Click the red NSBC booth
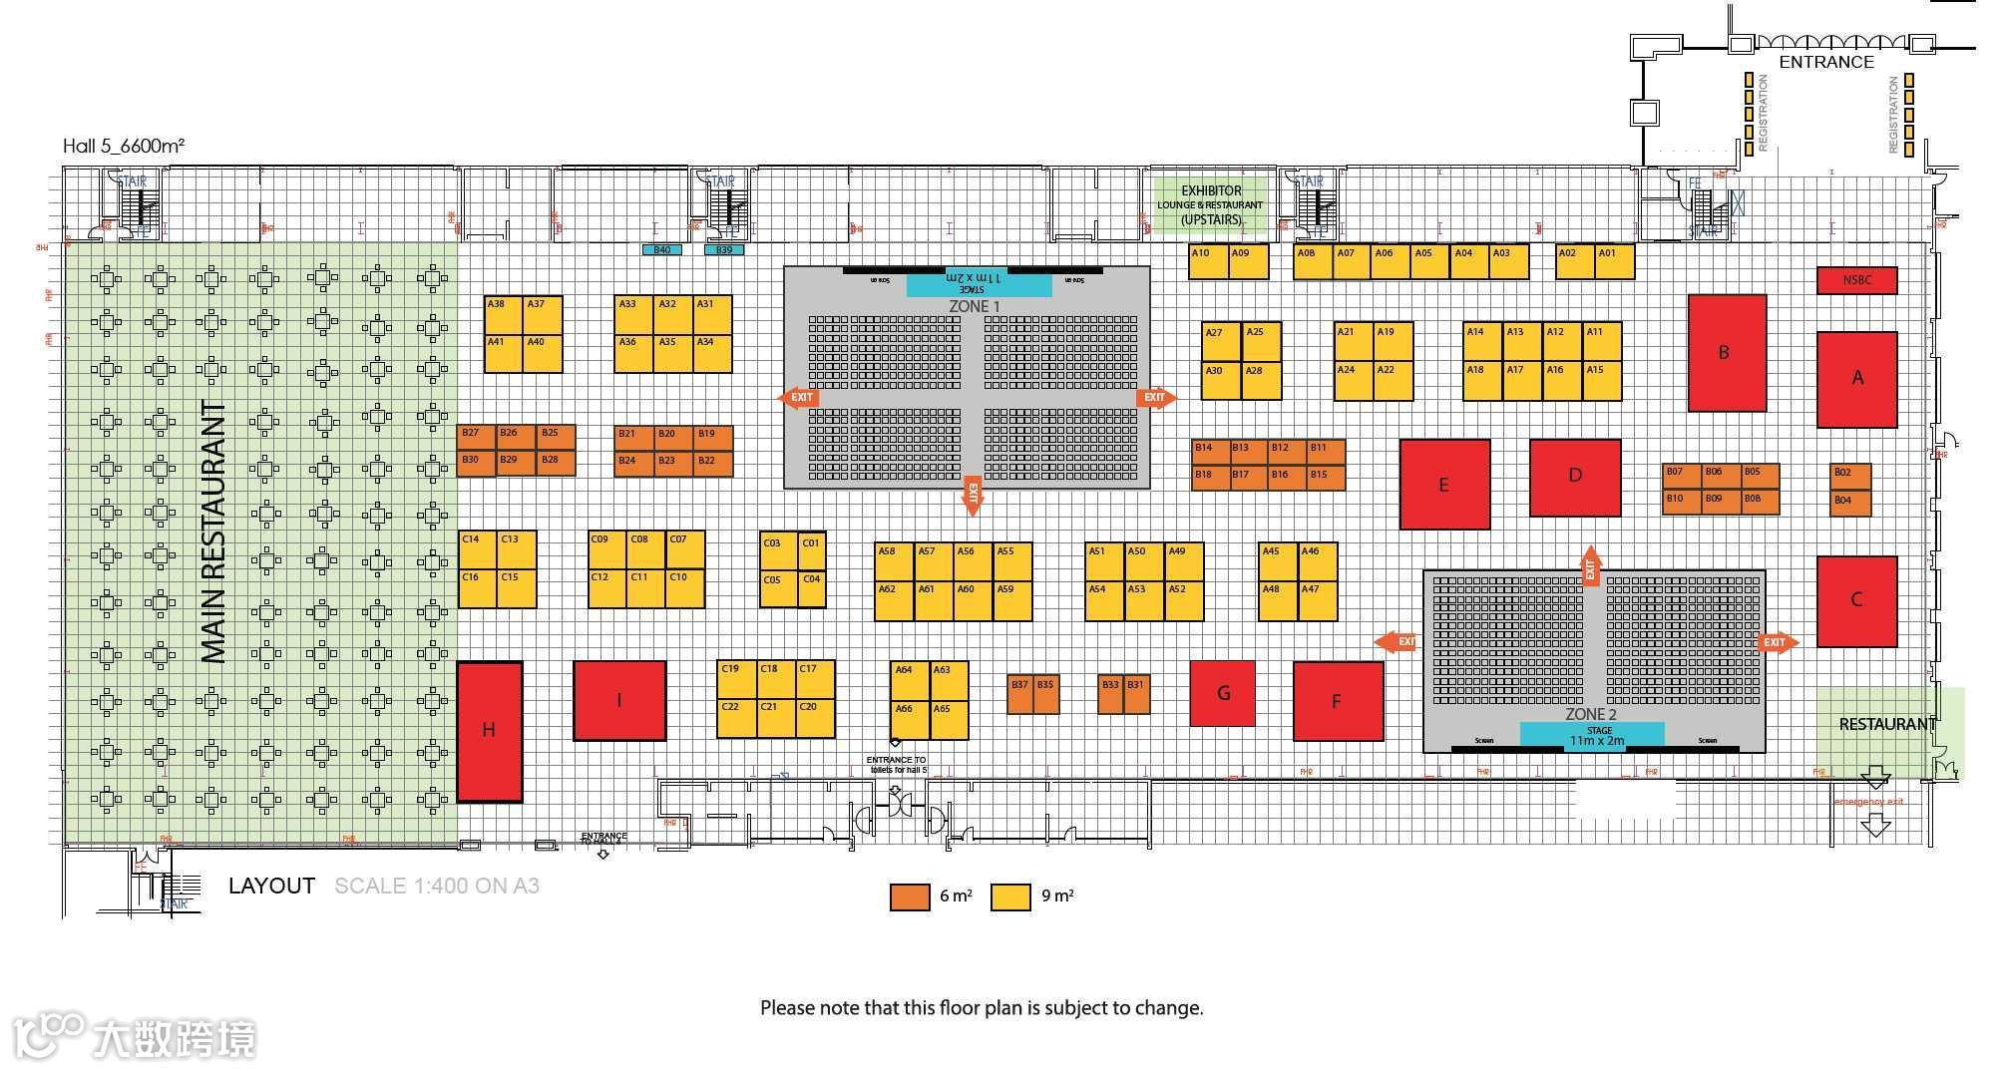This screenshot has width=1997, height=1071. pyautogui.click(x=1856, y=280)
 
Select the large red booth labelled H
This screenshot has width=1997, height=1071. pyautogui.click(x=489, y=731)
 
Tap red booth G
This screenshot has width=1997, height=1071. pyautogui.click(x=1222, y=693)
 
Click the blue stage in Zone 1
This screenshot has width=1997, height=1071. pyautogui.click(x=979, y=283)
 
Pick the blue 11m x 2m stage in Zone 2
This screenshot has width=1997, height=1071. pyautogui.click(x=1591, y=735)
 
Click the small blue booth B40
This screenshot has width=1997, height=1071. pyautogui.click(x=662, y=249)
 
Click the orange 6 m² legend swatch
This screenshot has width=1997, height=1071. pyautogui.click(x=910, y=896)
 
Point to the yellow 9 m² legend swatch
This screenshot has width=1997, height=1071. pyautogui.click(x=1009, y=896)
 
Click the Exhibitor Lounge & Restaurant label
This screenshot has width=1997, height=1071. pyautogui.click(x=1210, y=204)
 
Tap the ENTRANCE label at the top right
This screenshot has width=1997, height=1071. pyautogui.click(x=1826, y=62)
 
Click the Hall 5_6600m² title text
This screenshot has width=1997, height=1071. pyautogui.click(x=124, y=146)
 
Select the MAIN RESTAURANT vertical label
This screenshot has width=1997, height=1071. pyautogui.click(x=214, y=532)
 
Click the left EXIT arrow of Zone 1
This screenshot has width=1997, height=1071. pyautogui.click(x=797, y=398)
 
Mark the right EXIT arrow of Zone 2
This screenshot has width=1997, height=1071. pyautogui.click(x=1778, y=642)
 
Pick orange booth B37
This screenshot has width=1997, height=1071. pyautogui.click(x=1019, y=694)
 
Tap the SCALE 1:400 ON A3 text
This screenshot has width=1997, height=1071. pyautogui.click(x=437, y=886)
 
